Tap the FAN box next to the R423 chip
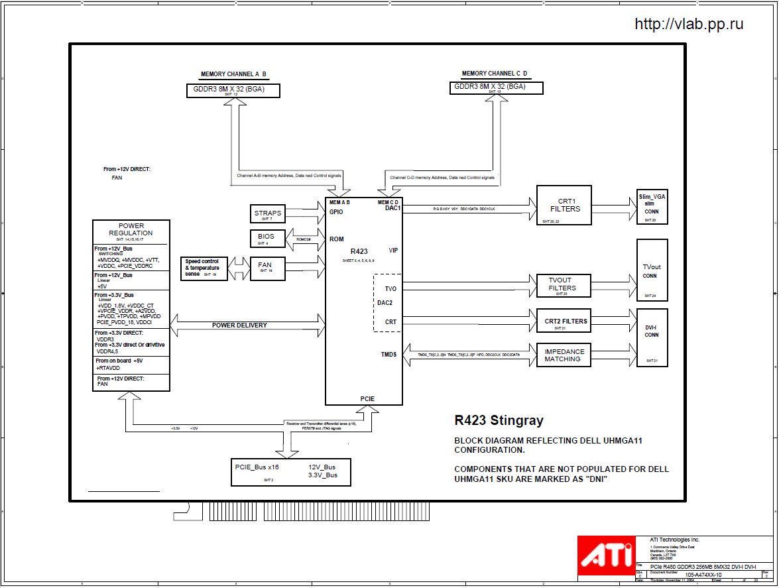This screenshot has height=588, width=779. click(265, 266)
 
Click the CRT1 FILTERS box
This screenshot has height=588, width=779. click(564, 206)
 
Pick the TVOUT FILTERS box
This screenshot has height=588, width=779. click(562, 284)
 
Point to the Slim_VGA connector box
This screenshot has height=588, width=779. click(652, 206)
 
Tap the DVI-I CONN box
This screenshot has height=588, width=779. click(652, 337)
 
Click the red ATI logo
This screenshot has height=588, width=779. click(605, 556)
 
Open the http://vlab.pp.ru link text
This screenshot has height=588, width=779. click(689, 25)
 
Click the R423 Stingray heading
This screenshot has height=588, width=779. click(499, 420)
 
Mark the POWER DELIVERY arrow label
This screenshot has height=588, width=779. click(239, 325)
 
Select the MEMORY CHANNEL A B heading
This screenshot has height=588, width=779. click(233, 74)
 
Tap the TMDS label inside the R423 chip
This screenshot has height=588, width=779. click(389, 355)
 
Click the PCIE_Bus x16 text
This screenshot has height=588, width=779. click(256, 467)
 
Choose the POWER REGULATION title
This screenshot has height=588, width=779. click(131, 229)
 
